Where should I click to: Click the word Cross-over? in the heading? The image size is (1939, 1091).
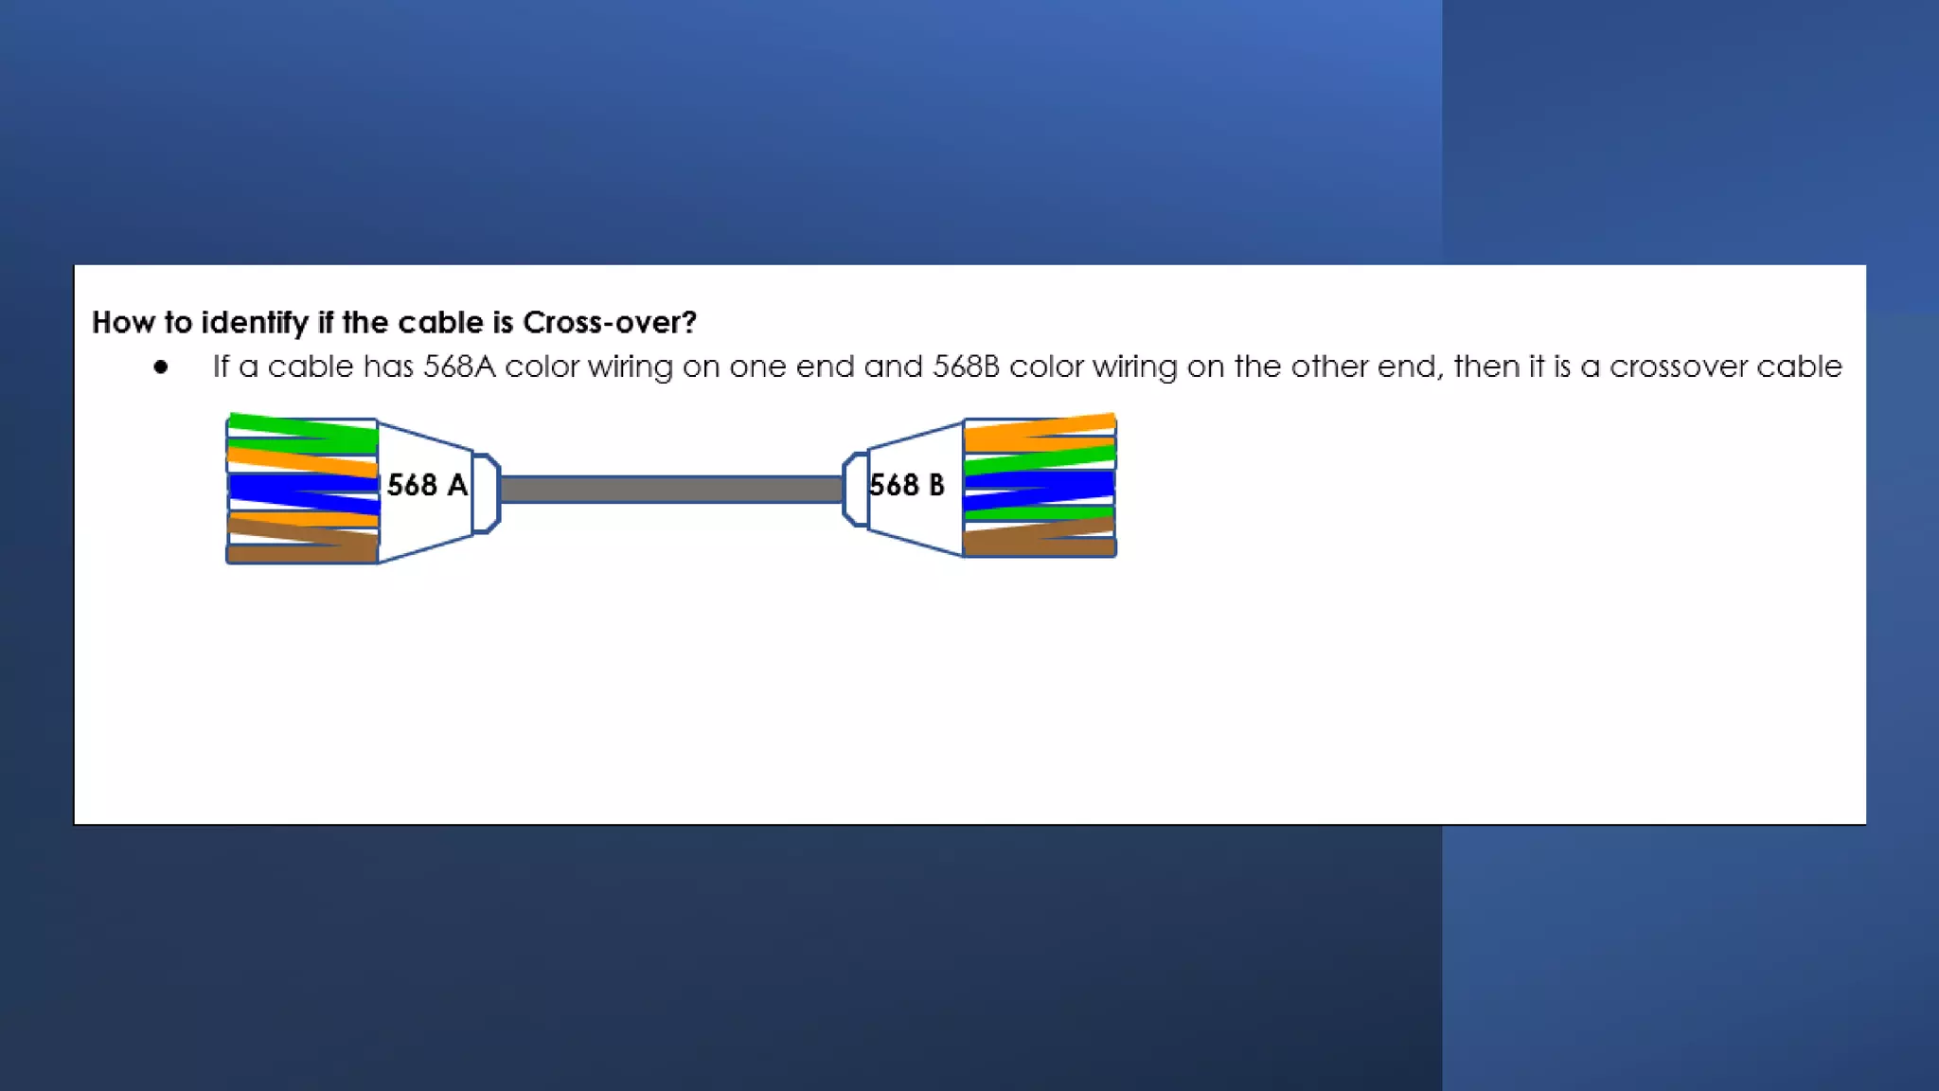coord(609,323)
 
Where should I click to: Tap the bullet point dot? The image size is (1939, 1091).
coord(161,367)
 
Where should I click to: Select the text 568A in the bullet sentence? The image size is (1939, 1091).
coord(459,367)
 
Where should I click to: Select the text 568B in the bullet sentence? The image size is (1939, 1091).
coord(966,367)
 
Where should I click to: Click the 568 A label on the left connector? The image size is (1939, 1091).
coord(427,486)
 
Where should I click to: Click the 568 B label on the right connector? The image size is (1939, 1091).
coord(906,486)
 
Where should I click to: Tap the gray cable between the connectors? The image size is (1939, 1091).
coord(670,490)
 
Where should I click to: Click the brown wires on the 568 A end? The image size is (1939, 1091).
coord(303,544)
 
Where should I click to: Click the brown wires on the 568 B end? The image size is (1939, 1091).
coord(1039,540)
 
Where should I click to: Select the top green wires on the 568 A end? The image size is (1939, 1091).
coord(303,434)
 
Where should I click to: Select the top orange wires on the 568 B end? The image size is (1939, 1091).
coord(1039,432)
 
